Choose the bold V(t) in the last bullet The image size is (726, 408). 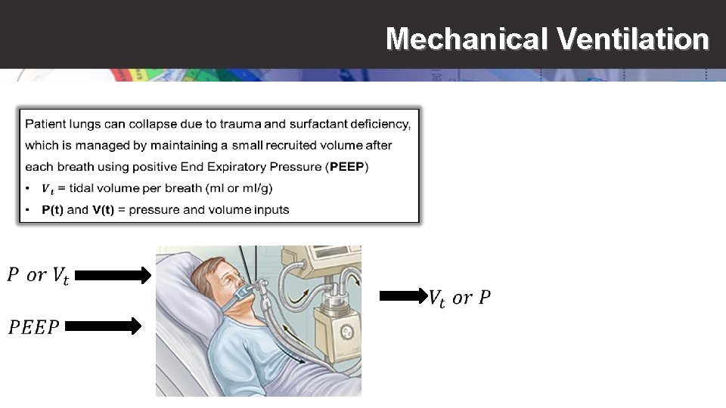103,210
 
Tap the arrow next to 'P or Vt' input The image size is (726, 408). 113,277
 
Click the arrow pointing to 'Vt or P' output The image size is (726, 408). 403,297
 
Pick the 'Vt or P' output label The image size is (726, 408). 459,298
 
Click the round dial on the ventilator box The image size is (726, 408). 347,331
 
